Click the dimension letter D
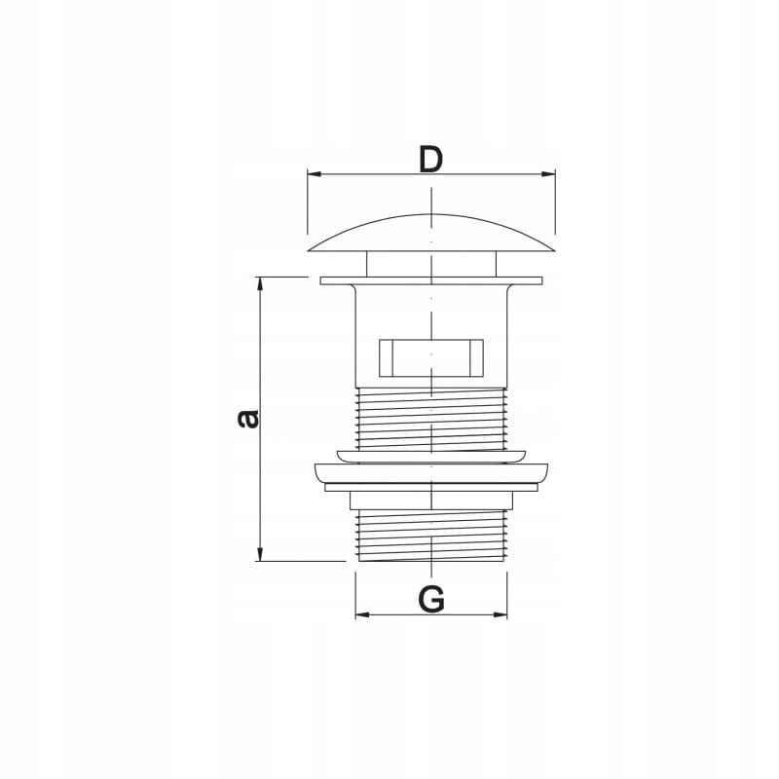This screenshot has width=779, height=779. [x=430, y=159]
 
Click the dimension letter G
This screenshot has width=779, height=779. [x=431, y=599]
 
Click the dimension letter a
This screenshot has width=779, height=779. [x=247, y=419]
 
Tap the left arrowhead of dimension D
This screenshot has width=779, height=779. [x=315, y=174]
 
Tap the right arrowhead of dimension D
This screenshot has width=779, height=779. [x=548, y=174]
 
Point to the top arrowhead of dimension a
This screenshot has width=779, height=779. [x=259, y=284]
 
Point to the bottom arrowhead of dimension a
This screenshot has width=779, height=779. [x=259, y=554]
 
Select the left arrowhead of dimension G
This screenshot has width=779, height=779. [x=362, y=614]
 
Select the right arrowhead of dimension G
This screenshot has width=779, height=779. [x=500, y=614]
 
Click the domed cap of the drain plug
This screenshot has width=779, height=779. [x=431, y=234]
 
